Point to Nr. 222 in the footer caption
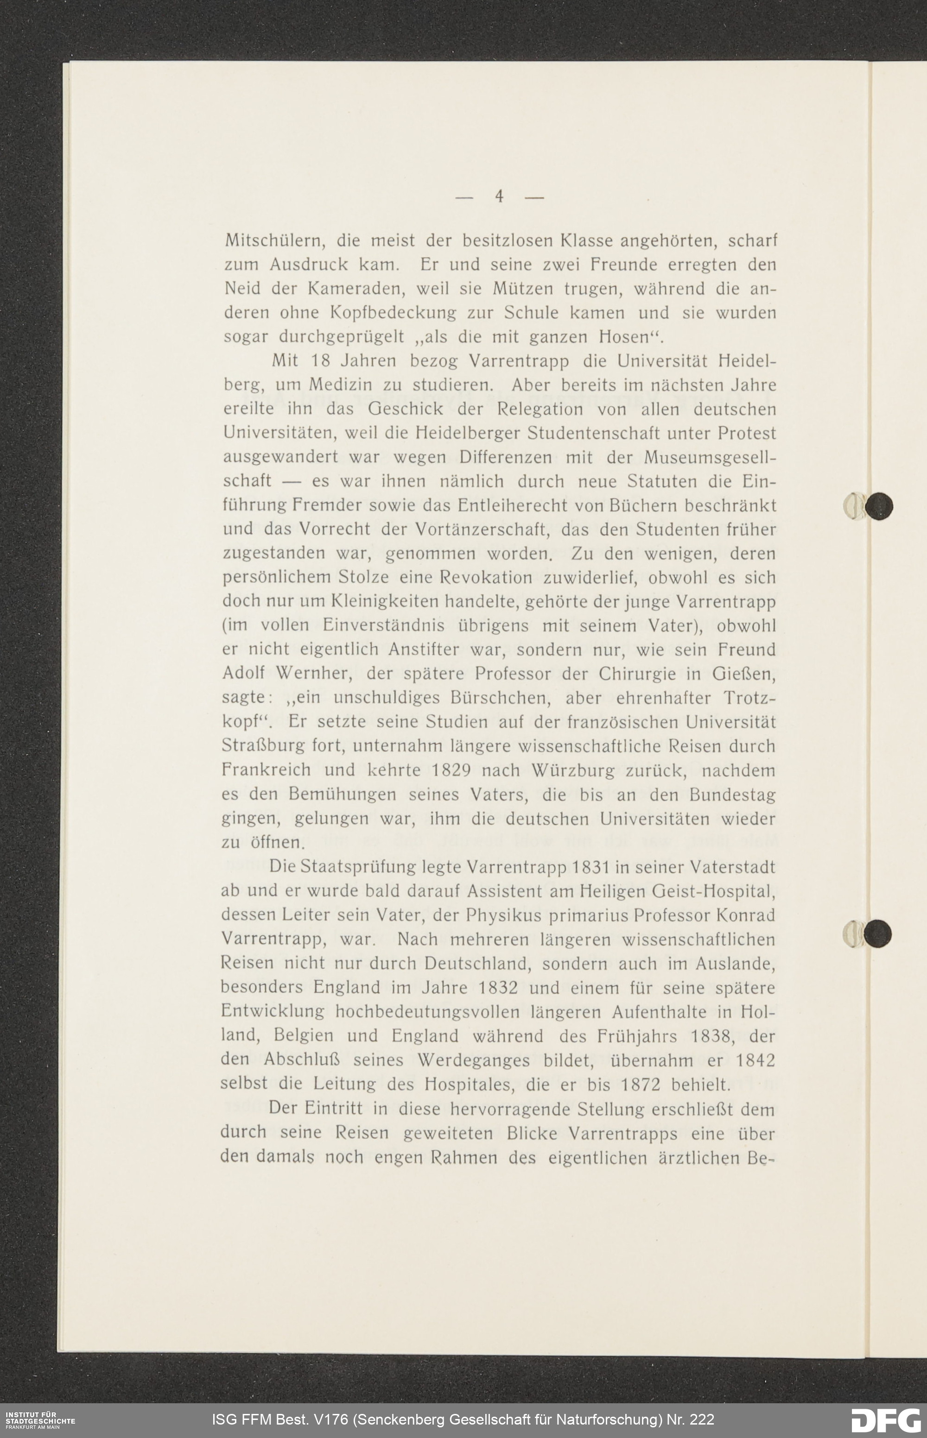tap(689, 1419)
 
